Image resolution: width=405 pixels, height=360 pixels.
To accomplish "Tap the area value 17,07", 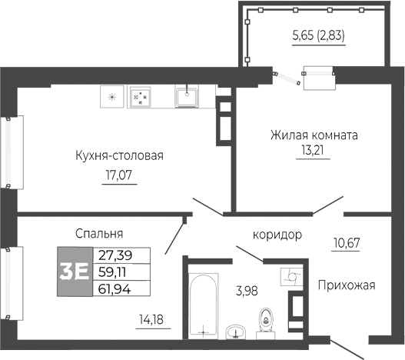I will click(x=118, y=175).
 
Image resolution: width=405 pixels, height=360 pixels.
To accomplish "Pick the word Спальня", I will click(x=100, y=233).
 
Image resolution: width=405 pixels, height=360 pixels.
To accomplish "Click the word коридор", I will click(x=277, y=235).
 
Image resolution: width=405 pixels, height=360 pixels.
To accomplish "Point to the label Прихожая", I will click(x=346, y=285).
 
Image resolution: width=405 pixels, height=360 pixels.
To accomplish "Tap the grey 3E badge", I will click(x=74, y=272).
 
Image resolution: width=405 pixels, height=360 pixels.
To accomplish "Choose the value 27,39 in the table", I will click(x=114, y=255).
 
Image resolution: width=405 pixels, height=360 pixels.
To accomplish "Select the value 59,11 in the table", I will click(x=114, y=272).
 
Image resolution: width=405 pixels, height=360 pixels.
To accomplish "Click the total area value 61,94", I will click(x=114, y=288).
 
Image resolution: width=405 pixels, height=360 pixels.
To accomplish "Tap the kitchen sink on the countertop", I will click(x=187, y=96).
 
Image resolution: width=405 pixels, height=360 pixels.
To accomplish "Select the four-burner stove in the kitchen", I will click(x=141, y=97).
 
